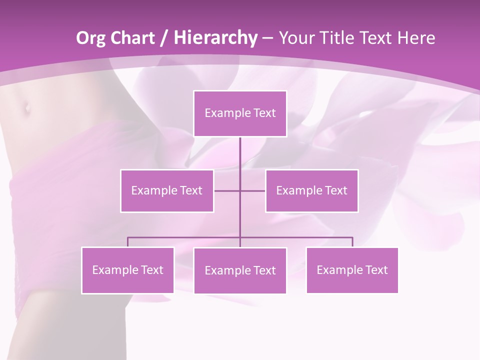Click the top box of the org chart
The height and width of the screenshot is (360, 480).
(x=240, y=113)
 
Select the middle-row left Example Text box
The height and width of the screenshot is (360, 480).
(x=167, y=190)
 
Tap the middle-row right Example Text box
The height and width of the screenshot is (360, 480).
(x=311, y=190)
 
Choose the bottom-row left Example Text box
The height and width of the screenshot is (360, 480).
(x=127, y=270)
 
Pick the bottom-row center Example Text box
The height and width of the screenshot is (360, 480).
(x=240, y=270)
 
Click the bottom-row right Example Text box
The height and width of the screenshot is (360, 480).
(x=352, y=270)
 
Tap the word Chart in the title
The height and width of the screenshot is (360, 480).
(x=130, y=38)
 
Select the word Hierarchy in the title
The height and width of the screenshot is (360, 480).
(x=215, y=38)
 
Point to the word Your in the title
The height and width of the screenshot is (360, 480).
(x=295, y=38)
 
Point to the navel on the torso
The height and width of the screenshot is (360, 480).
(x=26, y=106)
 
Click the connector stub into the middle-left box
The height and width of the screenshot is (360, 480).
(x=226, y=190)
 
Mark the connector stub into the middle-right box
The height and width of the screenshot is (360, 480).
(x=253, y=190)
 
